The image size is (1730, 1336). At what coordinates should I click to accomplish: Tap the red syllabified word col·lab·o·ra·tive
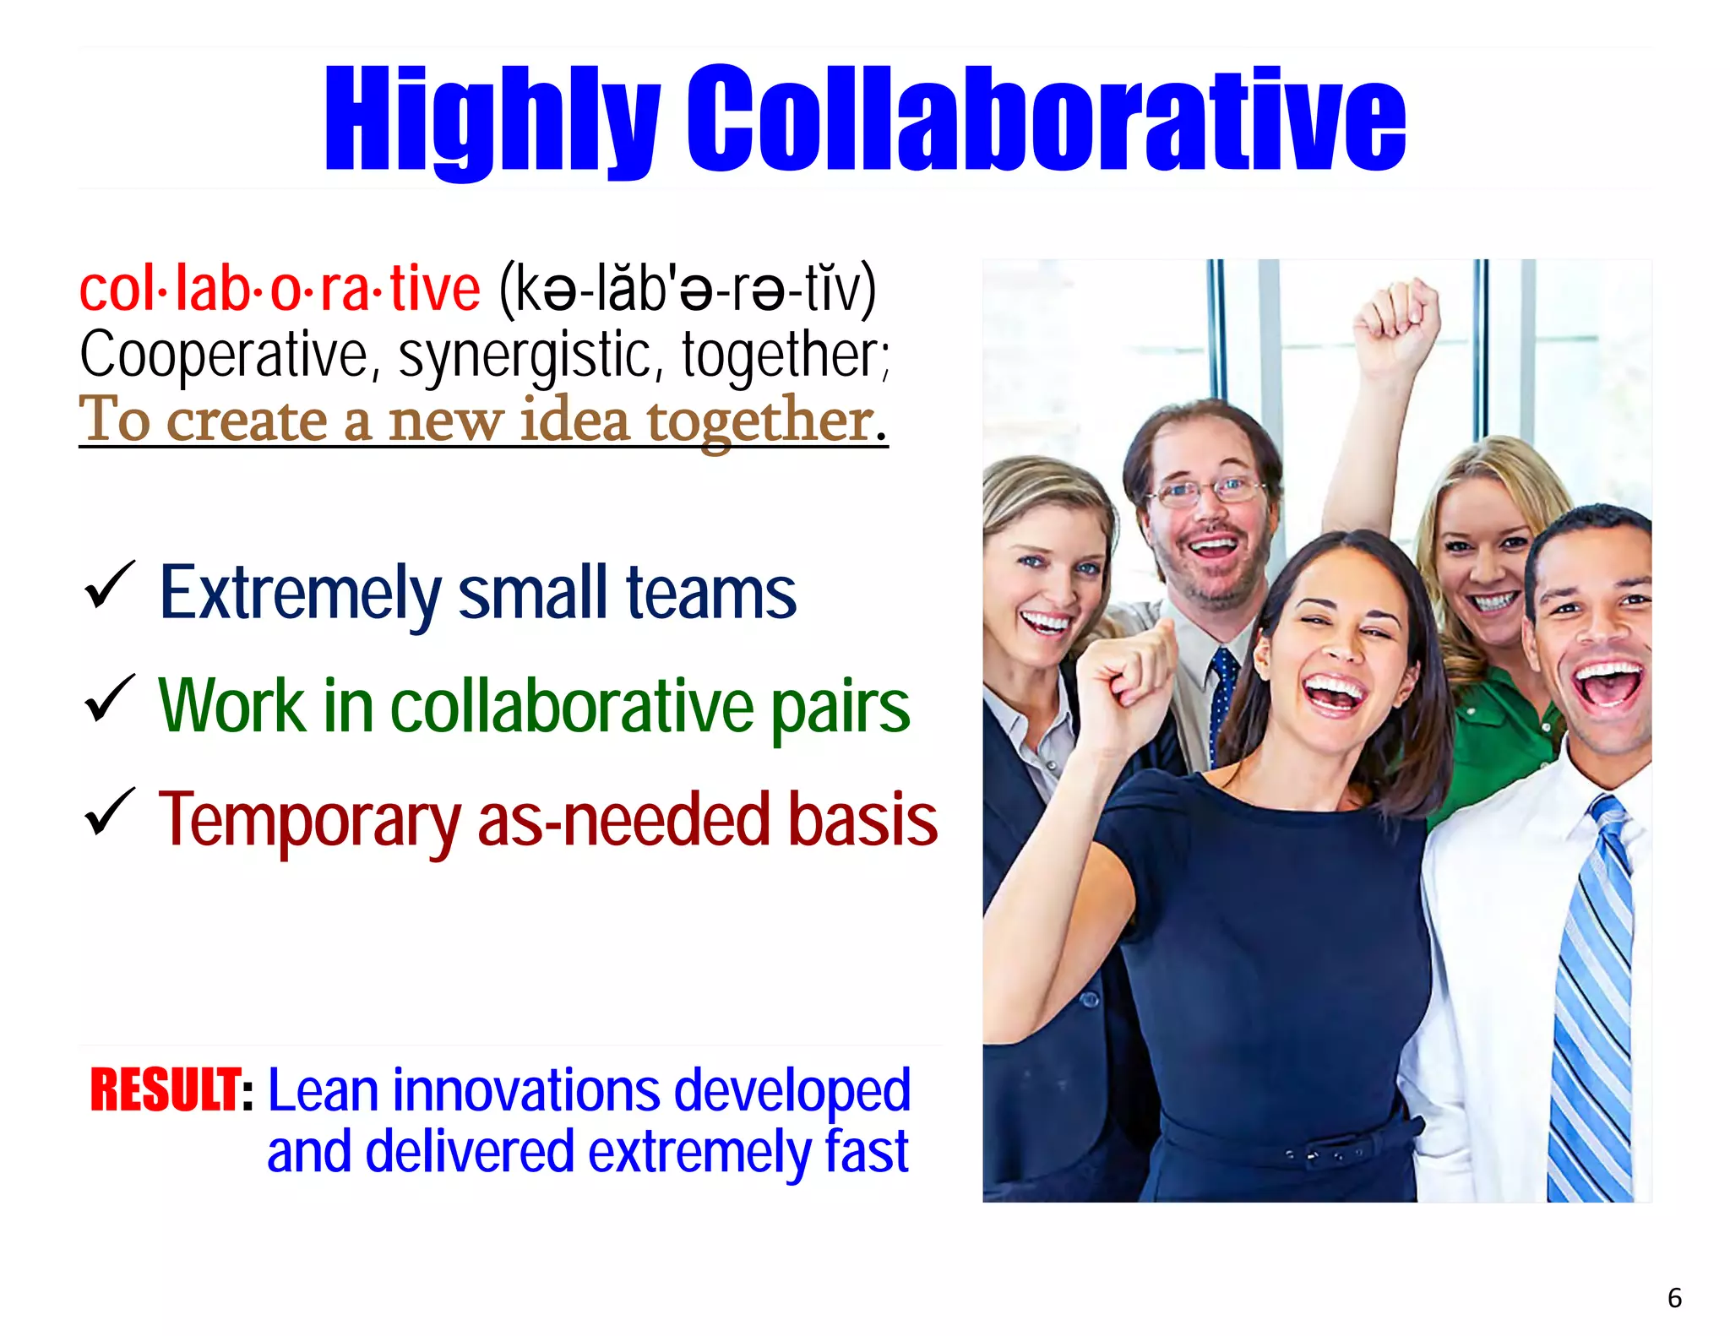(x=280, y=290)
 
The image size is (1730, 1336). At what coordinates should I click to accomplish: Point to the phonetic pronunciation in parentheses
(x=688, y=290)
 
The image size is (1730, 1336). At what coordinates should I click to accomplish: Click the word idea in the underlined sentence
(x=574, y=420)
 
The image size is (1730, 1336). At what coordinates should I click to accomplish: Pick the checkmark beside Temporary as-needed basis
(x=109, y=812)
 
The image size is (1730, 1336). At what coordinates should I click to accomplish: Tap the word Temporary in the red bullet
(x=309, y=820)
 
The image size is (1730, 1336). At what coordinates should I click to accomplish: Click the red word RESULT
(x=166, y=1090)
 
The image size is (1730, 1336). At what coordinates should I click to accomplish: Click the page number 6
(x=1674, y=1298)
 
